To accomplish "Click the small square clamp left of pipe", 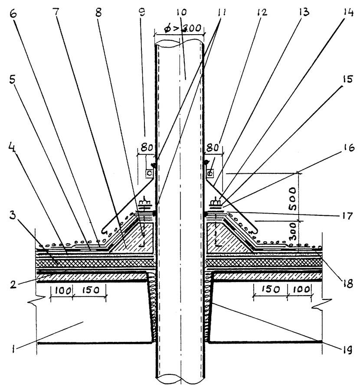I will tap(149, 173).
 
